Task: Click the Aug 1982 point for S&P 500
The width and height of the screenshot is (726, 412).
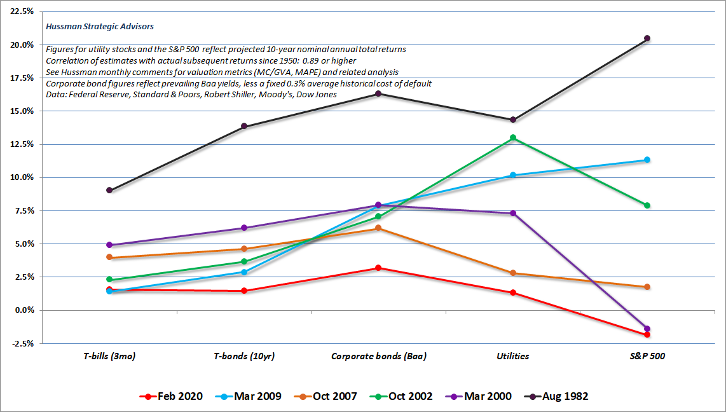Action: [647, 38]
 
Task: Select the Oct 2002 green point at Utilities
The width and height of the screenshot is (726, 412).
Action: [512, 138]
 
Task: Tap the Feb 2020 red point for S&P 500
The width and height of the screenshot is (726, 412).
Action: [647, 334]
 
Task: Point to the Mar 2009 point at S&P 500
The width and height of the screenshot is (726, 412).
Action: [647, 160]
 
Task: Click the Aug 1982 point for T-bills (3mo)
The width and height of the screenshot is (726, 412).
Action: [109, 190]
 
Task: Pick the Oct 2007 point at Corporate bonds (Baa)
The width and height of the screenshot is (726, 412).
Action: [378, 228]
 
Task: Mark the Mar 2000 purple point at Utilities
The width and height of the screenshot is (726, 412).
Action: [512, 213]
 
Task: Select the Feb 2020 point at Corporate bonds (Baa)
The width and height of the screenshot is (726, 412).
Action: [378, 268]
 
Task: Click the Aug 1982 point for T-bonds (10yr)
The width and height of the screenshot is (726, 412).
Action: [244, 127]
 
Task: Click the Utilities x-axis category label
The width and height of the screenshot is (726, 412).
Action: [512, 356]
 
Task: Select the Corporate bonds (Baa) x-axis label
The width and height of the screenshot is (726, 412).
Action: [378, 356]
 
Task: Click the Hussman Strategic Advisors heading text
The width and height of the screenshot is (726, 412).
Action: [100, 27]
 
